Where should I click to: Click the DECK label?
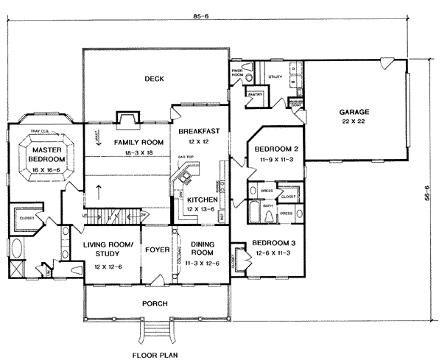[153, 80]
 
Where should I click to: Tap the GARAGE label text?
[354, 112]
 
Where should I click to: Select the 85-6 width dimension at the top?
[220, 13]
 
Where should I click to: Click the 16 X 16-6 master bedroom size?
[46, 169]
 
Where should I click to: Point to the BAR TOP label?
[184, 157]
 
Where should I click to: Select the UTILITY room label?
[276, 76]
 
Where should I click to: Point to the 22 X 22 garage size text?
[354, 123]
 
